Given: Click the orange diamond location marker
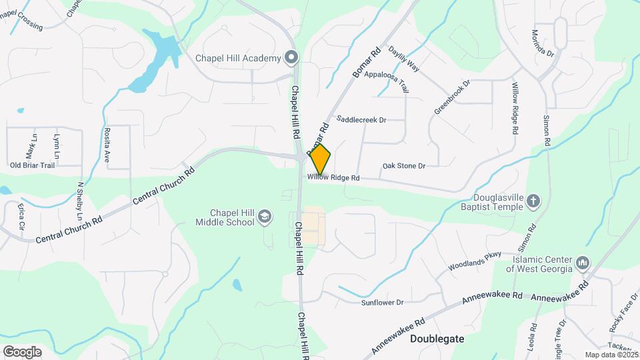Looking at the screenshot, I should [x=320, y=159].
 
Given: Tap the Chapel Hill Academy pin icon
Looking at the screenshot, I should [x=291, y=58].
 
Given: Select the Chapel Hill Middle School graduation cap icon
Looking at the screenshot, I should [x=265, y=216].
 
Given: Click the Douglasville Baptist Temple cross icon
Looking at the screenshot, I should [x=533, y=200].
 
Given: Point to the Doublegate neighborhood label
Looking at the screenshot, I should [x=437, y=339].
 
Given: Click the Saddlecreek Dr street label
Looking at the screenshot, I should [x=362, y=120].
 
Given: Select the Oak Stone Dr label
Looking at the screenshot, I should [x=403, y=165].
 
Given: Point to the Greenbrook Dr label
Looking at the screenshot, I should [x=452, y=97].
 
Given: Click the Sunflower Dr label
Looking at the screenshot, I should [x=382, y=303].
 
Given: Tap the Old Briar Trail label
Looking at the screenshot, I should [x=32, y=165].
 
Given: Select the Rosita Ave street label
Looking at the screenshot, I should [x=106, y=145].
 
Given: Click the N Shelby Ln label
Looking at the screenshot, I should [x=79, y=201].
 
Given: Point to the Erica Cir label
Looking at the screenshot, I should [x=21, y=217].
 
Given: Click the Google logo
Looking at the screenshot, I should [x=22, y=351].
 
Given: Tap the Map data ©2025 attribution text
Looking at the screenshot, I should [x=611, y=355].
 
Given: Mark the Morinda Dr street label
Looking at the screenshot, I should [x=543, y=43].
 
